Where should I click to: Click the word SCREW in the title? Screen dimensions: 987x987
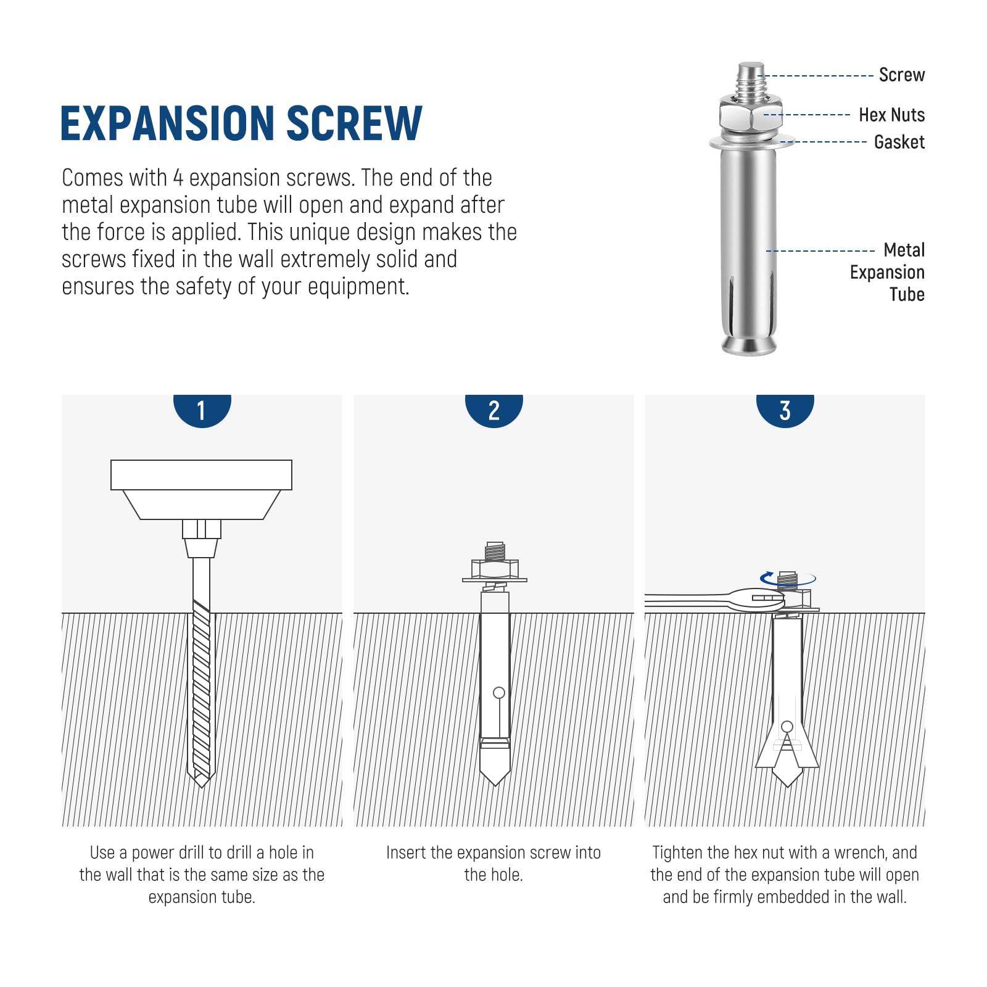[x=354, y=123]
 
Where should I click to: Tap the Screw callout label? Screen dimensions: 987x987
[x=901, y=75]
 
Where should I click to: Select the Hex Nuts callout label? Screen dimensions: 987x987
[x=891, y=115]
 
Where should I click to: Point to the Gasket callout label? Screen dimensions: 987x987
[x=899, y=142]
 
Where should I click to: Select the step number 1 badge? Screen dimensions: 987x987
[x=201, y=410]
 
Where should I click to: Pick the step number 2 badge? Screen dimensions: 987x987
[x=493, y=410]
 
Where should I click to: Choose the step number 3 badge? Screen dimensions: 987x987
[x=785, y=410]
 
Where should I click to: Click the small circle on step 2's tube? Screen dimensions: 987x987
[x=499, y=693]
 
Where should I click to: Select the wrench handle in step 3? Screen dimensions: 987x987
[x=685, y=598]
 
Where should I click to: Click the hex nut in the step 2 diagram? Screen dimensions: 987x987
[x=495, y=568]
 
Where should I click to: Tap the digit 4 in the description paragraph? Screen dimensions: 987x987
[x=178, y=178]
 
